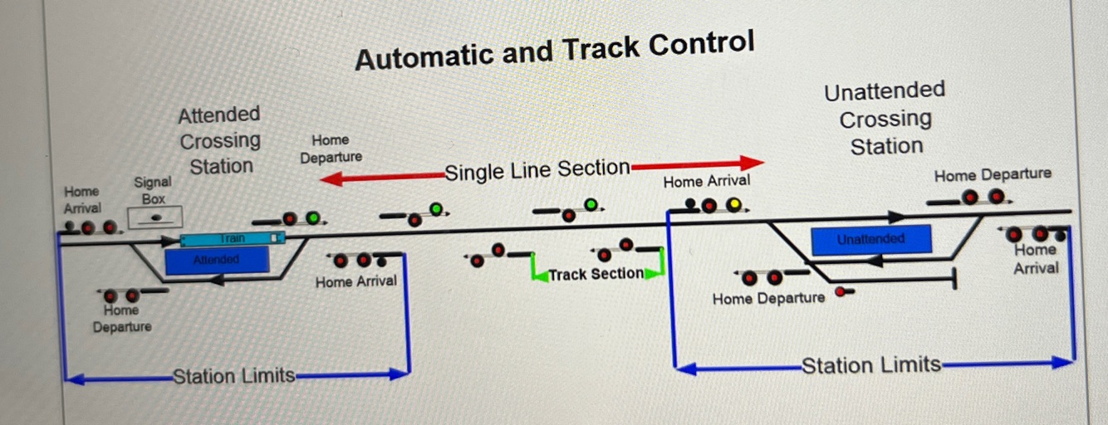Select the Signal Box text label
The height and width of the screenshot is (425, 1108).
coord(153,190)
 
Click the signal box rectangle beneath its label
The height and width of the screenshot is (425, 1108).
coord(155,217)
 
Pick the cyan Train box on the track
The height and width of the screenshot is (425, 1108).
coord(233,239)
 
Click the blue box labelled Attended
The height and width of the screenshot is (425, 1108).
coord(217,260)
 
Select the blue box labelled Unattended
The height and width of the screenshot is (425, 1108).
coord(870,240)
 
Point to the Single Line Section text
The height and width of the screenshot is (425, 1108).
coord(537,170)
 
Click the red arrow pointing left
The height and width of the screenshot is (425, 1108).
coord(382,177)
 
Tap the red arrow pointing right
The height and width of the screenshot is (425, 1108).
coord(698,164)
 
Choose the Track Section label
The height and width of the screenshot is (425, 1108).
coord(596,274)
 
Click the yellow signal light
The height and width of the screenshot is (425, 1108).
coord(734,204)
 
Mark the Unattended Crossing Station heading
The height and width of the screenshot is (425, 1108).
coord(885,118)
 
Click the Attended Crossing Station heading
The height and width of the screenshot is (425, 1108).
coord(220,139)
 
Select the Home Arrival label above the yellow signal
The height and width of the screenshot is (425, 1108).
coord(706,181)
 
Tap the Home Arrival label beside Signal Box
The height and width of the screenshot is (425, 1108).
coord(82,200)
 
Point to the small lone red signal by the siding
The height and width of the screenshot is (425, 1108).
coord(841,292)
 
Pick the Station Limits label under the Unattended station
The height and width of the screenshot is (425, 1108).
coord(870,365)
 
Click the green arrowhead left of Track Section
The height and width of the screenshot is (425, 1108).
coord(541,274)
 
